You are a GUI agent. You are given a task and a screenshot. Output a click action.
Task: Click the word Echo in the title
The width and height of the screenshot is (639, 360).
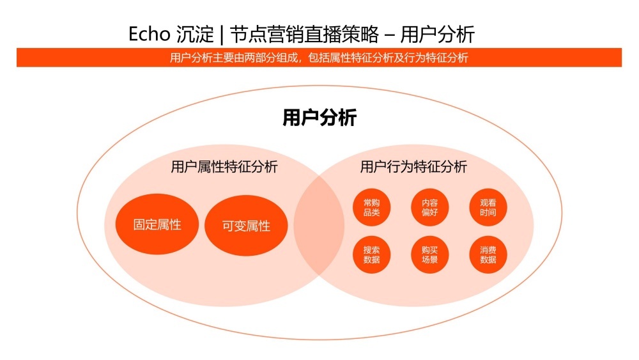[147, 34]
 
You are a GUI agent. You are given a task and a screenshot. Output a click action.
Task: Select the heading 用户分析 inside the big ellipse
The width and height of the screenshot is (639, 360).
[319, 118]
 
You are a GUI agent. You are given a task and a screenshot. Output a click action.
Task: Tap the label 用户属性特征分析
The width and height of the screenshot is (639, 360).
[224, 168]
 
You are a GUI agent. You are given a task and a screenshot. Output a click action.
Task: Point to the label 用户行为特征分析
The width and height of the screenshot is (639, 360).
[413, 168]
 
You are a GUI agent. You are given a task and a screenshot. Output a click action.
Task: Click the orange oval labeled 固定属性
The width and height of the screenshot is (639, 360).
[157, 225]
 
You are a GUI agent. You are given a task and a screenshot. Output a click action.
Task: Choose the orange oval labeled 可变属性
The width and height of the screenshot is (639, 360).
[246, 226]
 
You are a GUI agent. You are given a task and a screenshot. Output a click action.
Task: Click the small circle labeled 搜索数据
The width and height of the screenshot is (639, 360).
[371, 255]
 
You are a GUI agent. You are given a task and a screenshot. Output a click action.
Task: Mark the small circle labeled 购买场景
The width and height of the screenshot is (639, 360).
[429, 255]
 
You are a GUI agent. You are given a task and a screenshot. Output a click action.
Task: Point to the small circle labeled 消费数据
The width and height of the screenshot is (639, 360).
[488, 255]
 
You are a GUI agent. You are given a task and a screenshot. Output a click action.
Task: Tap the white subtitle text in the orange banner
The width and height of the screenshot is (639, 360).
[319, 58]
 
